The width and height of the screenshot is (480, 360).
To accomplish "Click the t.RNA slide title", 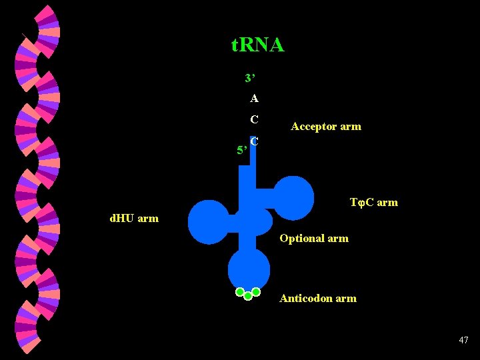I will (x=257, y=45).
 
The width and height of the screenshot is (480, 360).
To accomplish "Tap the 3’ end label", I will (x=250, y=79).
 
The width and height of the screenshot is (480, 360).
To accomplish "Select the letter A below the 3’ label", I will (x=255, y=99).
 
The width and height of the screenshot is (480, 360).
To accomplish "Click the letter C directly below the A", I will (x=255, y=120).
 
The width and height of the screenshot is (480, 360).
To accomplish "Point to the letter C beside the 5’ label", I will (x=255, y=141).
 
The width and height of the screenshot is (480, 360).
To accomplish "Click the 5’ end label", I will (x=243, y=150).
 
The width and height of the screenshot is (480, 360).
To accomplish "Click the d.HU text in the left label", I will (x=122, y=218).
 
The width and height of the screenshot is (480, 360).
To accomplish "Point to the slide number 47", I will (x=463, y=341).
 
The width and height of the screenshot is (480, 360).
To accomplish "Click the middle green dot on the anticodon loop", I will (x=248, y=295).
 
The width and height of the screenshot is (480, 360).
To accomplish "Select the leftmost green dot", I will (x=240, y=291).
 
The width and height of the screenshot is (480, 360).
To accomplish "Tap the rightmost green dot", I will (x=256, y=291).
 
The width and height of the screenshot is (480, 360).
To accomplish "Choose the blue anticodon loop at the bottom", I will (x=249, y=269).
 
